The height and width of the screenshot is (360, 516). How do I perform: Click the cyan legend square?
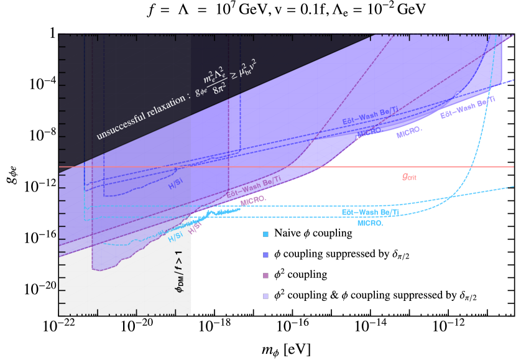point(265,234)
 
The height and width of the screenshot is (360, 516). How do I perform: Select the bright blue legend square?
point(265,254)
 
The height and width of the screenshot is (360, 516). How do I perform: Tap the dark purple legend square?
point(265,275)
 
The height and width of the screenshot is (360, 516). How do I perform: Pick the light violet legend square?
point(265,296)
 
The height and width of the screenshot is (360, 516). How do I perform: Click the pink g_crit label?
point(409,177)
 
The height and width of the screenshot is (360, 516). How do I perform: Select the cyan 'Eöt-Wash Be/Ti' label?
point(370,213)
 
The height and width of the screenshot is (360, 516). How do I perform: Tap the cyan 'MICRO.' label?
point(370,222)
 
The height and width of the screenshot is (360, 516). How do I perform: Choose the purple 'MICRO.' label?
point(254,200)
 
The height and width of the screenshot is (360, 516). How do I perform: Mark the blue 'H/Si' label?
point(176,185)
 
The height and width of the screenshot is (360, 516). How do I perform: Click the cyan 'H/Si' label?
point(175,237)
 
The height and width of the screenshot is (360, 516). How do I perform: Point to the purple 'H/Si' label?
point(195,229)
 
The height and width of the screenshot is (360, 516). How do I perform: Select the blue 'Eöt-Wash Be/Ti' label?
point(370,116)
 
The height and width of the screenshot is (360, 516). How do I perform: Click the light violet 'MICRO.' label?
point(409,132)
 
